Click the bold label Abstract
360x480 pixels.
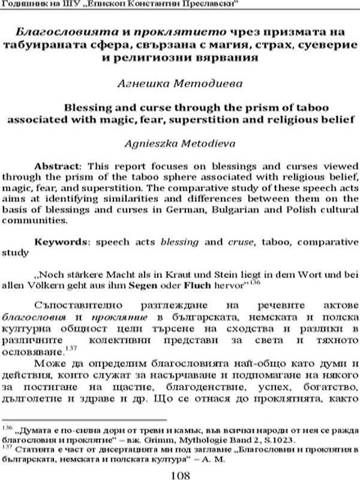[55, 165]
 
